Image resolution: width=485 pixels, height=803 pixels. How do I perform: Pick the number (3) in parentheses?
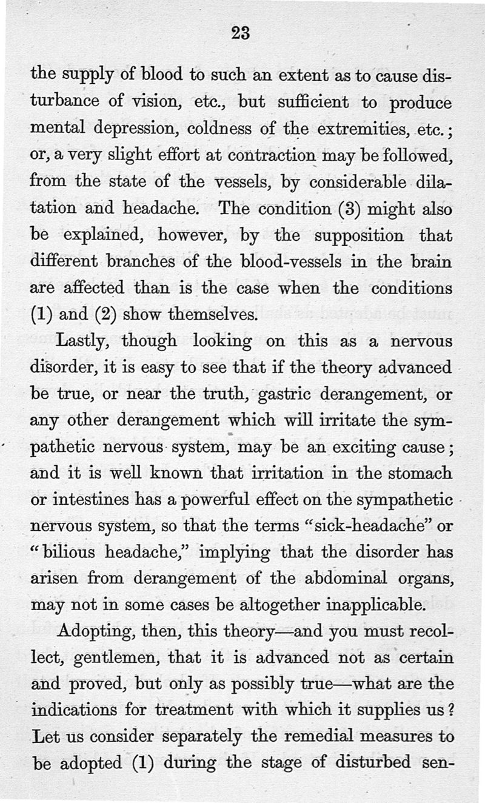click(339, 209)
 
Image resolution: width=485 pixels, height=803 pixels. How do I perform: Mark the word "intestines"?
click(89, 502)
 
